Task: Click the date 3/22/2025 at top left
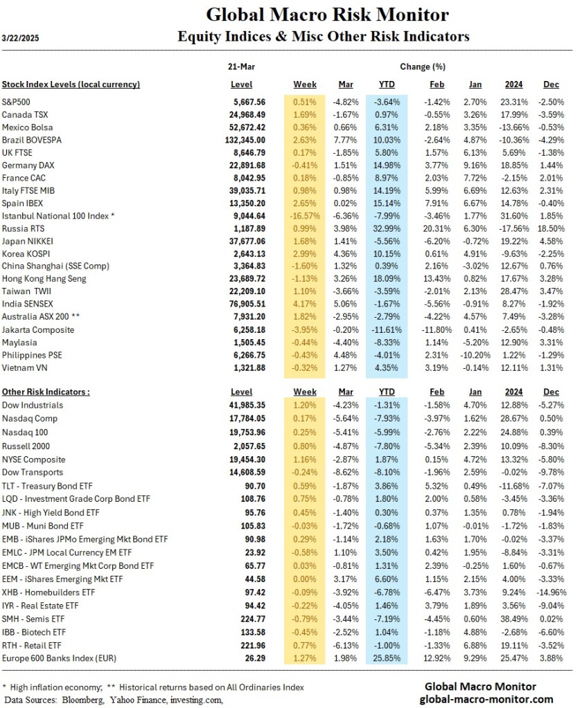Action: click(x=21, y=37)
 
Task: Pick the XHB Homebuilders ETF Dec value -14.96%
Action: click(x=552, y=593)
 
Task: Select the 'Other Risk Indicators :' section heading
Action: click(x=46, y=392)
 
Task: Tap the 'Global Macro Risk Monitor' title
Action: click(x=327, y=15)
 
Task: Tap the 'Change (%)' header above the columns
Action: click(x=422, y=67)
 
